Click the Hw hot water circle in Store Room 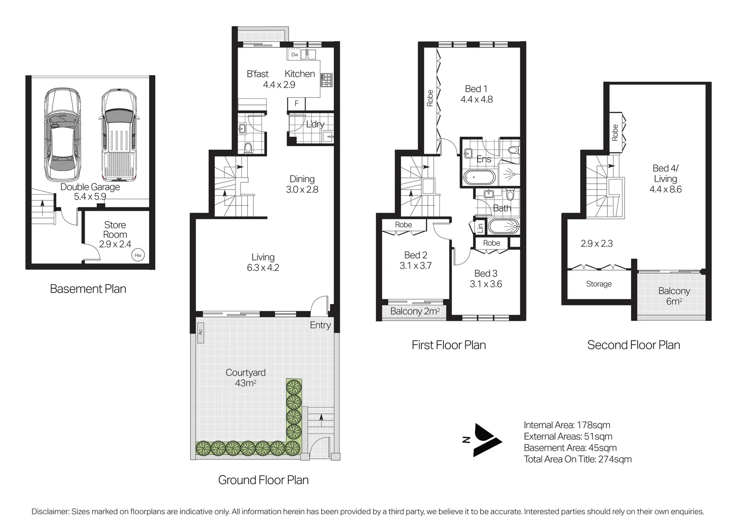138,255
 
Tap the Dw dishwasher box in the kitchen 294,55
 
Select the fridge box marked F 297,103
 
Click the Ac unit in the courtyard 200,333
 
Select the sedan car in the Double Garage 62,134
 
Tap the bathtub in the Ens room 479,177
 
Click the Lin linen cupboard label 479,227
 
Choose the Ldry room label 315,124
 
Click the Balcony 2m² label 415,311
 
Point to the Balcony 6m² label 674,296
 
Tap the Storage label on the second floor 599,284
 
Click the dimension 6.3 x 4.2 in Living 263,268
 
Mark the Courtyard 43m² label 245,377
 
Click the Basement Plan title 88,289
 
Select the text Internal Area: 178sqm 567,425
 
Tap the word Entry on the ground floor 320,325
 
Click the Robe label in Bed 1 430,98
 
